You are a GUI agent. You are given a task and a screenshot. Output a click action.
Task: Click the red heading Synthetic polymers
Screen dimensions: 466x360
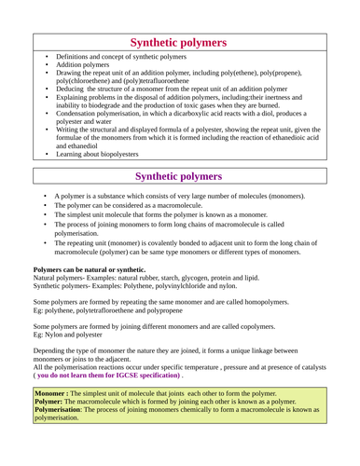tap(178, 42)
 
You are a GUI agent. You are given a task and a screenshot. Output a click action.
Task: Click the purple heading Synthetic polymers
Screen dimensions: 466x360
tap(178, 176)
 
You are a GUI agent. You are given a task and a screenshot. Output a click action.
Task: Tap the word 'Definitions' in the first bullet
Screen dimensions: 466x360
tap(74, 57)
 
